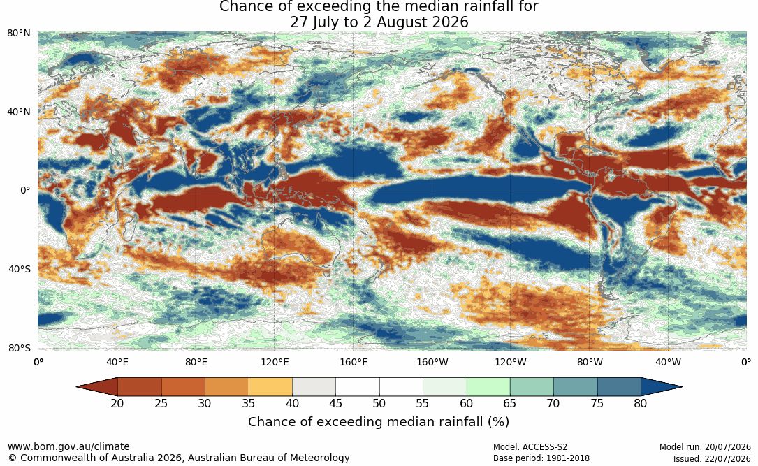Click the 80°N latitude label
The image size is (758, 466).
[x=19, y=34]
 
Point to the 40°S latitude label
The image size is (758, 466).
[x=20, y=269]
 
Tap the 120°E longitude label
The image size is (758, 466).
[x=275, y=362]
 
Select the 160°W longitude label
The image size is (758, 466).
[x=432, y=362]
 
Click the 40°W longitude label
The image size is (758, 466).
[x=668, y=362]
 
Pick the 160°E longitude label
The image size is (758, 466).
[x=354, y=362]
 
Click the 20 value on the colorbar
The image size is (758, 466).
[x=117, y=403]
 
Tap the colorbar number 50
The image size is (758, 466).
[x=379, y=403]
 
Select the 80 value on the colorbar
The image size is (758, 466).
[x=641, y=403]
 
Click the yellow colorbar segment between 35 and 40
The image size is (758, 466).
[x=270, y=387]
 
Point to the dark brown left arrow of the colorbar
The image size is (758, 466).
[x=97, y=387]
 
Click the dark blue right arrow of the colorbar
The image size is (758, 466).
[x=662, y=387]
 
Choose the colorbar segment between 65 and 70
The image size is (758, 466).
[x=532, y=387]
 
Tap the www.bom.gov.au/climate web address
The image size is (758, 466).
[x=68, y=446]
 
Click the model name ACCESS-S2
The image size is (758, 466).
[x=545, y=447]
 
